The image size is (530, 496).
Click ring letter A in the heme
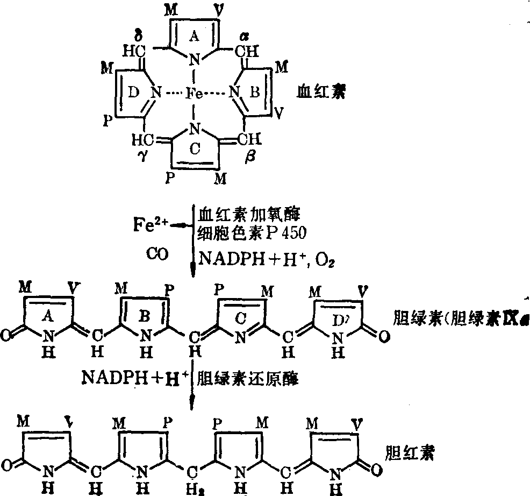[x=194, y=36]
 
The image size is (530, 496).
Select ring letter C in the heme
[x=195, y=152]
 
